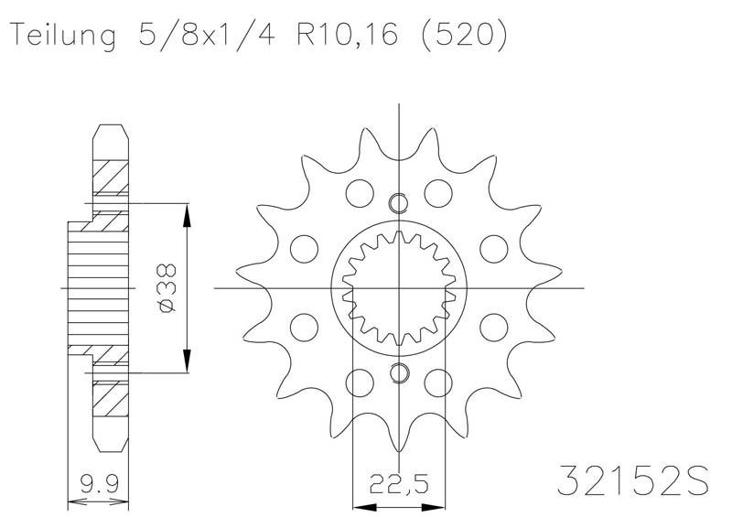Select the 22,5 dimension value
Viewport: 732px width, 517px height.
[x=400, y=480]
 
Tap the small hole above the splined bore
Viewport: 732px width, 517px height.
[x=399, y=203]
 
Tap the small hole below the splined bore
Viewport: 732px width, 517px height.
[x=399, y=372]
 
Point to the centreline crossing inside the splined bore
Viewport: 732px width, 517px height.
[x=399, y=287]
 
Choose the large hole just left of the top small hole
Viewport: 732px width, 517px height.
[x=360, y=193]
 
